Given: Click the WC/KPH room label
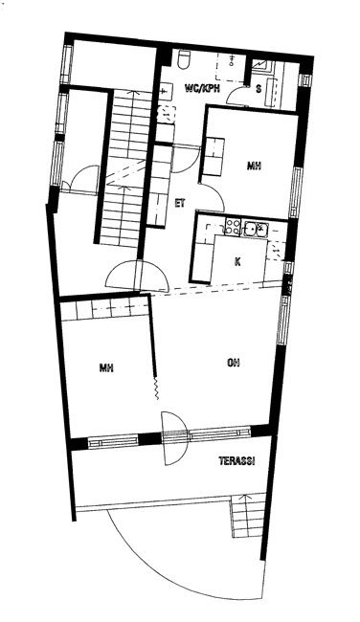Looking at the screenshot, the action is pyautogui.click(x=202, y=88).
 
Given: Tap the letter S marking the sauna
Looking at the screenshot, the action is pyautogui.click(x=259, y=89).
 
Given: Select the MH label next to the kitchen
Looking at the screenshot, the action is pyautogui.click(x=254, y=167).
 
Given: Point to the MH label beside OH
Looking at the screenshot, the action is pyautogui.click(x=106, y=368).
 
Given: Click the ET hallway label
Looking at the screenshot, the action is pyautogui.click(x=181, y=203).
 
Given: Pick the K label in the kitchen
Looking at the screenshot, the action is pyautogui.click(x=237, y=262).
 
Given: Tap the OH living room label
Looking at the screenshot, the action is pyautogui.click(x=234, y=363).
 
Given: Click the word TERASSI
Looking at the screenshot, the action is pyautogui.click(x=236, y=461).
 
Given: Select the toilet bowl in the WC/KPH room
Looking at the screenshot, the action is pyautogui.click(x=184, y=58).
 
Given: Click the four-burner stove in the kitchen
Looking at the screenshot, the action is pyautogui.click(x=233, y=228).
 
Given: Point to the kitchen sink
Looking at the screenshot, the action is pyautogui.click(x=256, y=228).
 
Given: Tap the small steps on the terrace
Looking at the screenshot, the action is pyautogui.click(x=248, y=515).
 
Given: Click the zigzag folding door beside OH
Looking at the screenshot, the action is pyautogui.click(x=156, y=387).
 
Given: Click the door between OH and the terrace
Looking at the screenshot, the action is pyautogui.click(x=174, y=438).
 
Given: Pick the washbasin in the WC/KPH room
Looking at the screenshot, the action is pyautogui.click(x=166, y=91).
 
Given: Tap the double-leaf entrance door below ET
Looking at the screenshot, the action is pyautogui.click(x=137, y=275).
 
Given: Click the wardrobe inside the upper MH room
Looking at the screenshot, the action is pyautogui.click(x=214, y=157).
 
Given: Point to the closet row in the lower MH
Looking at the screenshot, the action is pyautogui.click(x=105, y=308).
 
